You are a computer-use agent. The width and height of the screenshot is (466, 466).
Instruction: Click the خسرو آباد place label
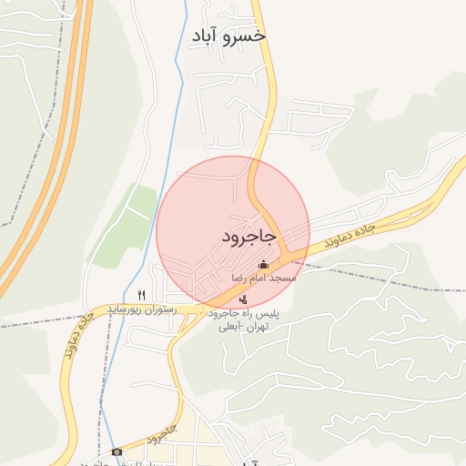(228, 35)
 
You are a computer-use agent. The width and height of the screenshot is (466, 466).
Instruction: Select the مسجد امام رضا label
(263, 277)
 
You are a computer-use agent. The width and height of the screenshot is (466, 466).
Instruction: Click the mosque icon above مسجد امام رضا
(264, 265)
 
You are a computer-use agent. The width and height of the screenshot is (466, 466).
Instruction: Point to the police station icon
(242, 299)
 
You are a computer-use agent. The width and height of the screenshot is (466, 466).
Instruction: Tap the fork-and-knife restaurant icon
(141, 295)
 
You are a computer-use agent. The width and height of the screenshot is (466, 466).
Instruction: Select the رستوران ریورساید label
(139, 309)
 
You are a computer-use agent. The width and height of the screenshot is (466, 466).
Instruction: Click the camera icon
(116, 451)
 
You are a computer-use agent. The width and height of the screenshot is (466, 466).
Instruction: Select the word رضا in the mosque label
(239, 277)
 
